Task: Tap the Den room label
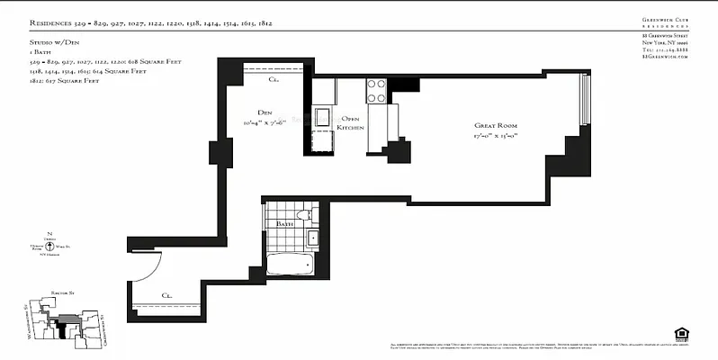265,112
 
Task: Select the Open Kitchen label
350,123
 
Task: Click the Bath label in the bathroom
284,222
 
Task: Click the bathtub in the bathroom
289,265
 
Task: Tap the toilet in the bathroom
305,214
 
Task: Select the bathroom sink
312,238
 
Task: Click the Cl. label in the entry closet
167,294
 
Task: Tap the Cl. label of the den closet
274,79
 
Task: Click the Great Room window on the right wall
586,100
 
